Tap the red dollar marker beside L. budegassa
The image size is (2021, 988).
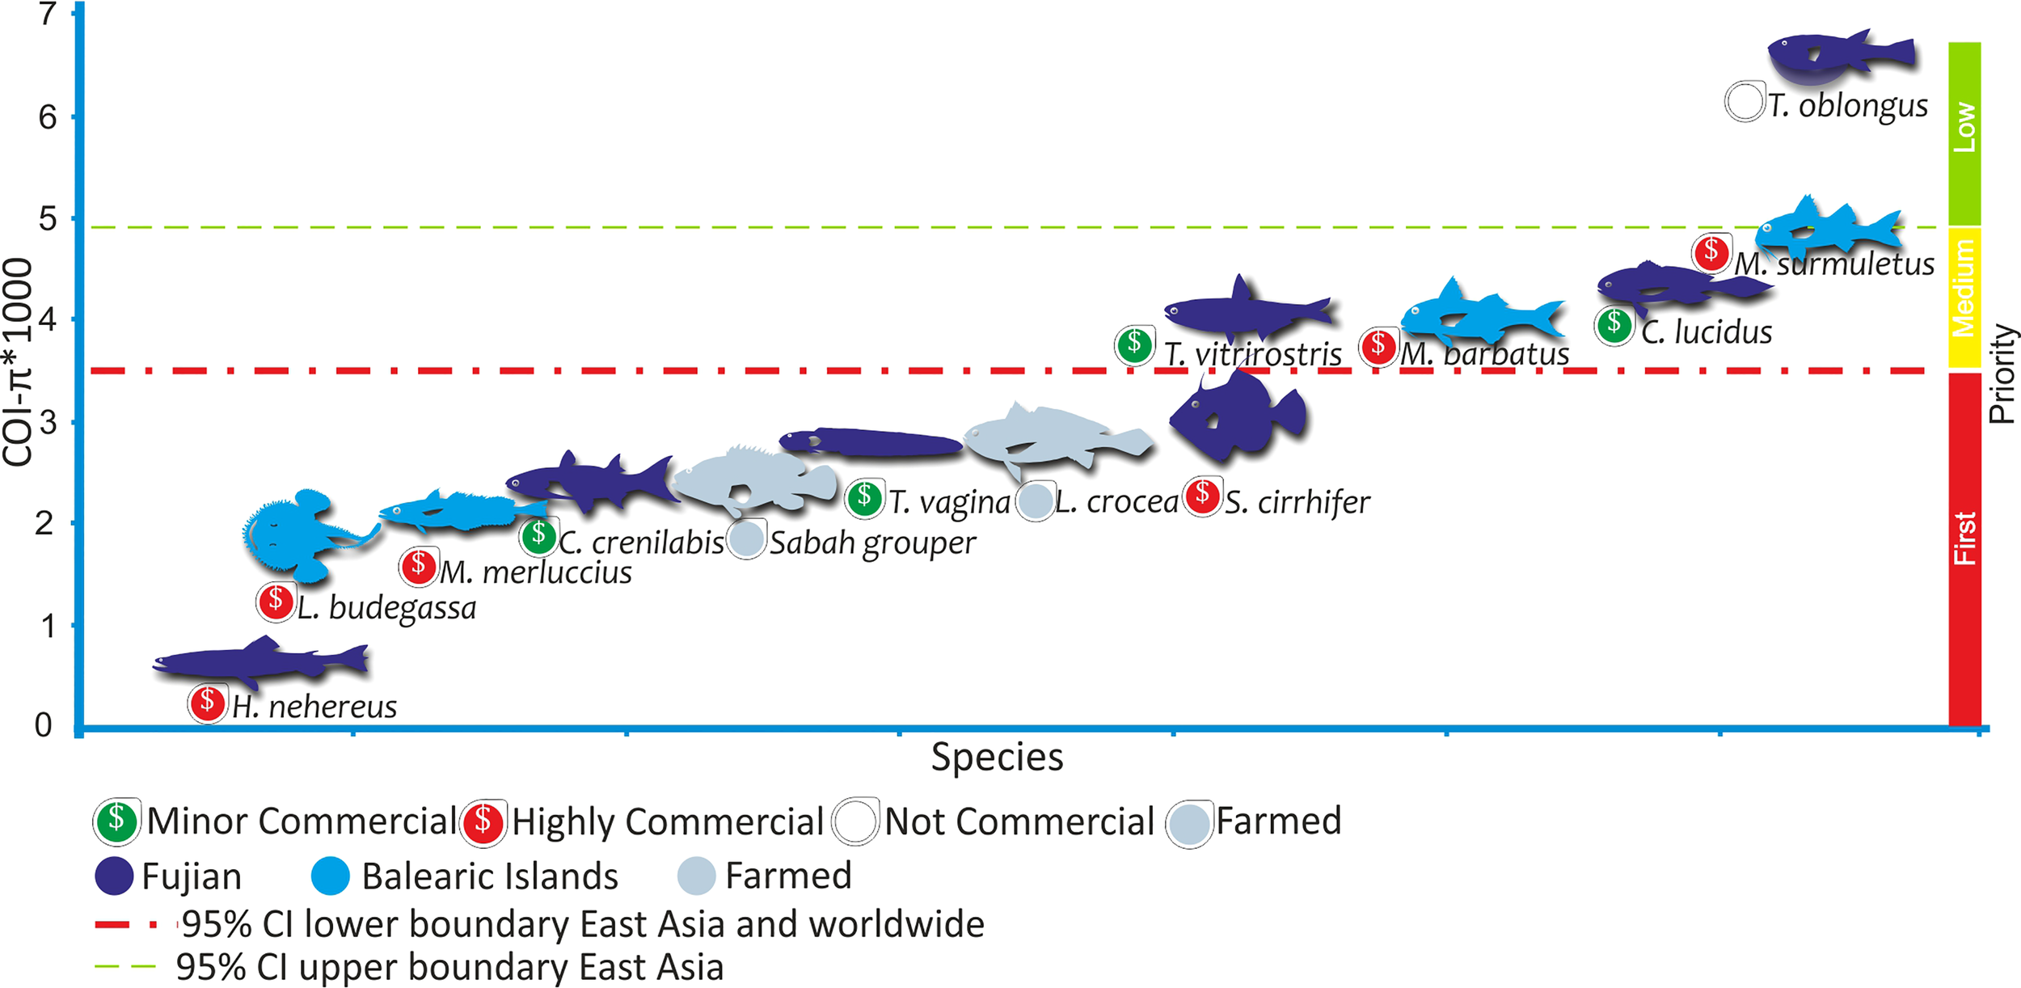(x=276, y=602)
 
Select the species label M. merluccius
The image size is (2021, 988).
(x=535, y=572)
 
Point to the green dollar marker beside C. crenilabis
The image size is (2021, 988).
(x=538, y=535)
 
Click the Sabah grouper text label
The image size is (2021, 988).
(x=872, y=543)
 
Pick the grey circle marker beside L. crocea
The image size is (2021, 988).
(x=1035, y=501)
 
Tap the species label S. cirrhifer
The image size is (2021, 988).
(x=1297, y=502)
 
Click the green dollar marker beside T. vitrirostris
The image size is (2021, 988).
(x=1134, y=345)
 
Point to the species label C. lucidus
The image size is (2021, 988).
(x=1707, y=332)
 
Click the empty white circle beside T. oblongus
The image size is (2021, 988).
(x=1744, y=103)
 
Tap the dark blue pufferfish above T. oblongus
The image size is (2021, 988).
(x=1840, y=57)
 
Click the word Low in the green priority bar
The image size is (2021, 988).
(x=1964, y=127)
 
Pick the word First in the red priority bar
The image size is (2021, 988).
(x=1964, y=538)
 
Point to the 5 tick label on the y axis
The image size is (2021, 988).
(x=48, y=219)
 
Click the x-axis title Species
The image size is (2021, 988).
(x=997, y=758)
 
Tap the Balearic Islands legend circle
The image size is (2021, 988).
(x=330, y=876)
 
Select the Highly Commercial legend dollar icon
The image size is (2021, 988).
(x=483, y=822)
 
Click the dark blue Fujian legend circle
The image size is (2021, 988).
(x=114, y=876)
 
